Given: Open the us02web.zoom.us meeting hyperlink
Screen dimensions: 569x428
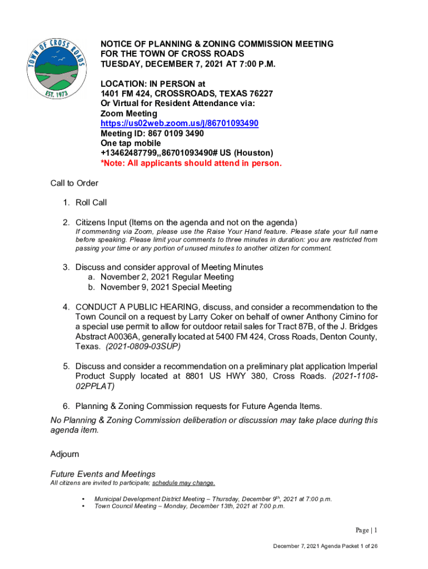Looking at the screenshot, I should (179, 123).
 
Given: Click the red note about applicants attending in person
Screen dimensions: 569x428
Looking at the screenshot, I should (191, 163).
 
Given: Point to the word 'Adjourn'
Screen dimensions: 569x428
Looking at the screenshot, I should (64, 454).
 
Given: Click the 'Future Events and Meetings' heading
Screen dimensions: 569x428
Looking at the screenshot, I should (103, 474).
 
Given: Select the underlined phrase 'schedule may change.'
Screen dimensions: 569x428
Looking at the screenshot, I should (183, 483).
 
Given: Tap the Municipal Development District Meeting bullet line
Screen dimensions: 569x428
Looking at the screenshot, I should (213, 499).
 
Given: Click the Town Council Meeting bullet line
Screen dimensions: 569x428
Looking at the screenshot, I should (189, 506).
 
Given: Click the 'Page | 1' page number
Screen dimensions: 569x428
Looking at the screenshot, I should (366, 530).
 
